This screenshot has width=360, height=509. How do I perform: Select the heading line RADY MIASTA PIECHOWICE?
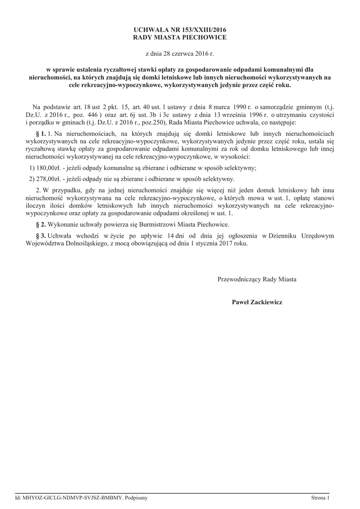click(180, 37)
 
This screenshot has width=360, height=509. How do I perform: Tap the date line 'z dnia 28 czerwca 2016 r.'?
click(180, 53)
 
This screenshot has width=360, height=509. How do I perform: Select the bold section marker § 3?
click(41, 236)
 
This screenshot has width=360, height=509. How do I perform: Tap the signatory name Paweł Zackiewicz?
click(257, 302)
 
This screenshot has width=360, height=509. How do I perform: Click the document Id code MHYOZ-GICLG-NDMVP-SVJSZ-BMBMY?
click(72, 497)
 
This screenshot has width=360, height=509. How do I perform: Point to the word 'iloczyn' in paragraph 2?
click(35, 205)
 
